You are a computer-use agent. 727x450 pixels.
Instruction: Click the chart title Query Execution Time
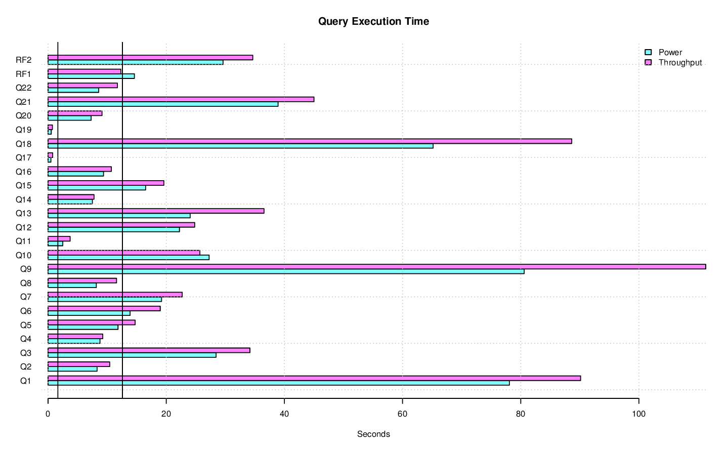[373, 22]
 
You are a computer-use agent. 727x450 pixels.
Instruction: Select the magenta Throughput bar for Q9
[376, 267]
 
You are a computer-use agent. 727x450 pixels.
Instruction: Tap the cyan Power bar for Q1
[278, 383]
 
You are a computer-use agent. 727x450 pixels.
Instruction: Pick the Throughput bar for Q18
[310, 141]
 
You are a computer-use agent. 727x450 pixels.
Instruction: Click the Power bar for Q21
[163, 104]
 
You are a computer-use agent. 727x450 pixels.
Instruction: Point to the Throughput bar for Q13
[156, 211]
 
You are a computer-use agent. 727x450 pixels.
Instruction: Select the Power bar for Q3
[132, 355]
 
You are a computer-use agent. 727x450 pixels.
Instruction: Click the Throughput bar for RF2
[150, 58]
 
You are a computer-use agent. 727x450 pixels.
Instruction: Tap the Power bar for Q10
[129, 258]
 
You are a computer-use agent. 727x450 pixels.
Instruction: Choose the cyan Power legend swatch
[648, 52]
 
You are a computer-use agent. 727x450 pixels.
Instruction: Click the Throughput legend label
[680, 63]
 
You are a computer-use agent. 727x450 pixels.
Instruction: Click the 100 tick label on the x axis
[638, 414]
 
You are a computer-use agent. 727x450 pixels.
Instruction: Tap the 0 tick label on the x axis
[48, 414]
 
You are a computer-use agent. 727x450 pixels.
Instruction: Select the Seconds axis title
[373, 434]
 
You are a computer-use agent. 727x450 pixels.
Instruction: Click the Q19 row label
[23, 130]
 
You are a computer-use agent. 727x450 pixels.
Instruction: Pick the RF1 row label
[23, 74]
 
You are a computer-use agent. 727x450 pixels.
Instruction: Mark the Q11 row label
[23, 241]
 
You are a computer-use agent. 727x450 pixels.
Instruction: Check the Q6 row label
[26, 311]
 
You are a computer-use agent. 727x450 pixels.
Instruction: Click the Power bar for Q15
[97, 188]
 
